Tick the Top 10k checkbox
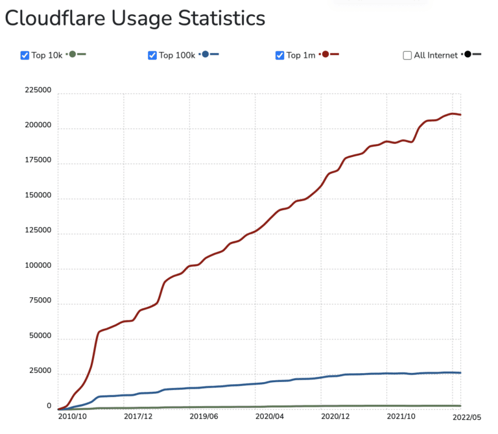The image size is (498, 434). pyautogui.click(x=25, y=55)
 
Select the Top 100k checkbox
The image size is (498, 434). pyautogui.click(x=152, y=55)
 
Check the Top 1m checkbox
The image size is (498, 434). pyautogui.click(x=280, y=55)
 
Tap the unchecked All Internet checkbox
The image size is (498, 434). pyautogui.click(x=407, y=55)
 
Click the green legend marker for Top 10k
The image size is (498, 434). pyautogui.click(x=73, y=54)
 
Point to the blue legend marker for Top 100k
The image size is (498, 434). pyautogui.click(x=206, y=54)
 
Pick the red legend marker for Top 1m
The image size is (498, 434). pyautogui.click(x=325, y=54)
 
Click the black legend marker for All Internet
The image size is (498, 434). pyautogui.click(x=468, y=54)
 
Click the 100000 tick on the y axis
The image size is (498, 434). pyautogui.click(x=38, y=266)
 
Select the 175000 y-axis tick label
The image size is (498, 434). pyautogui.click(x=38, y=160)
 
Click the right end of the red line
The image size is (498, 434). pyautogui.click(x=460, y=114)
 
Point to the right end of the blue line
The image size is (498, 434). pyautogui.click(x=460, y=372)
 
